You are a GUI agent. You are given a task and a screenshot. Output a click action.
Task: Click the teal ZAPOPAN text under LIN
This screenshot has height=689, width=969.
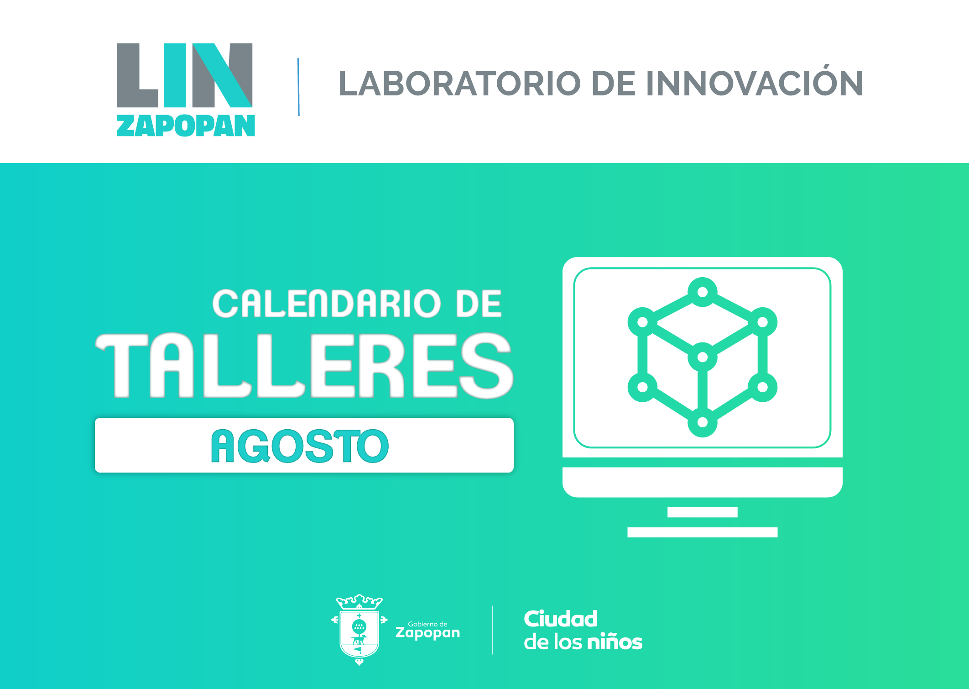(x=186, y=126)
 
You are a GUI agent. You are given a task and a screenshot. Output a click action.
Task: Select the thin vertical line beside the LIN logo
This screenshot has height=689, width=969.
(x=298, y=87)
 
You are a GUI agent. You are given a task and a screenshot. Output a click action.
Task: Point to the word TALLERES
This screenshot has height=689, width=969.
(x=304, y=365)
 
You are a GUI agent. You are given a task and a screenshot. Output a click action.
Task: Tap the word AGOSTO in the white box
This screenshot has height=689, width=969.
(x=300, y=446)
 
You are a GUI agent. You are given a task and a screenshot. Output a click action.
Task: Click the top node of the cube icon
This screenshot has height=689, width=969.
(x=703, y=292)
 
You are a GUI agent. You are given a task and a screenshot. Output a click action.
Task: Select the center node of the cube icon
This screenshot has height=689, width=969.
(x=703, y=357)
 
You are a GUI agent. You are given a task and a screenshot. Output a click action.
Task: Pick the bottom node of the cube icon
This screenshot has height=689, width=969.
(x=703, y=422)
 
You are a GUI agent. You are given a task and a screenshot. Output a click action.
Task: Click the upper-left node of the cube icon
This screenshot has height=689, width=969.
(x=642, y=322)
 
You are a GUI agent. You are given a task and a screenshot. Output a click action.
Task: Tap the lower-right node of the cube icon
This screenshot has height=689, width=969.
(x=763, y=387)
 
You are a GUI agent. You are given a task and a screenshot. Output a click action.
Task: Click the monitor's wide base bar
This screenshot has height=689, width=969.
(x=703, y=532)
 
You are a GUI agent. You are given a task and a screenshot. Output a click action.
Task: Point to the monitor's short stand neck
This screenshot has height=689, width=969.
(x=703, y=512)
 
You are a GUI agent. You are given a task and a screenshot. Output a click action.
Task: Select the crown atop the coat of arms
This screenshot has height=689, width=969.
(x=359, y=602)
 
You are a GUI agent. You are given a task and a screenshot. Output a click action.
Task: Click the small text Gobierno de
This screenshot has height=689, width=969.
(x=427, y=624)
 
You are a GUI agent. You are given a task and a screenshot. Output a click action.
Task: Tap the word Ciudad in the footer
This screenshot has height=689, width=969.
(x=561, y=619)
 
